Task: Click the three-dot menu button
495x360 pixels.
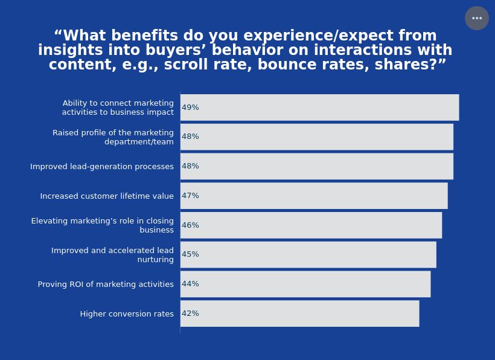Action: pyautogui.click(x=477, y=18)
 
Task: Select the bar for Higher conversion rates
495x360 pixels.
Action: pyautogui.click(x=300, y=313)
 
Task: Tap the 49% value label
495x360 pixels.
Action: pyautogui.click(x=190, y=108)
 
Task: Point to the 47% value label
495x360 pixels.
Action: pyautogui.click(x=190, y=196)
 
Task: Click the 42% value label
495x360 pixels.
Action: pyautogui.click(x=190, y=313)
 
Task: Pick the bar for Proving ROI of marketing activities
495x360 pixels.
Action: pyautogui.click(x=305, y=284)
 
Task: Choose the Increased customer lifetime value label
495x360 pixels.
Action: pyautogui.click(x=107, y=196)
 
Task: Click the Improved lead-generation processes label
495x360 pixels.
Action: pyautogui.click(x=102, y=167)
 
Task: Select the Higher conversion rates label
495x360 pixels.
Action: pyautogui.click(x=127, y=314)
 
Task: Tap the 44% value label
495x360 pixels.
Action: pyautogui.click(x=190, y=284)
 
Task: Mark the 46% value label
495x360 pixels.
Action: pyautogui.click(x=190, y=225)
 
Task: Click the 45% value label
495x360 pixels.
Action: pyautogui.click(x=190, y=254)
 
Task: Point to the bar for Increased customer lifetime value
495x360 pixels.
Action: pyautogui.click(x=314, y=196)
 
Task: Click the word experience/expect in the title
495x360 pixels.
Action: pyautogui.click(x=318, y=36)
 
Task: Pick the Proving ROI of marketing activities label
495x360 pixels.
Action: pyautogui.click(x=106, y=284)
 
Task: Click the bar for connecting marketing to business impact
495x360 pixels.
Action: pyautogui.click(x=320, y=108)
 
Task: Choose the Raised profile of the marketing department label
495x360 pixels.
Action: pyautogui.click(x=113, y=137)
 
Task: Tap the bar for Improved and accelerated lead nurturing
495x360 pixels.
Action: pyautogui.click(x=308, y=254)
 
